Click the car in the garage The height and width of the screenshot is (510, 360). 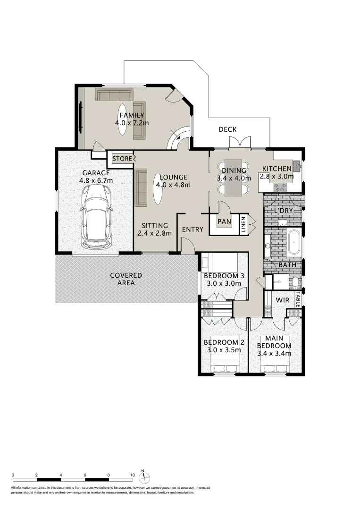click(x=96, y=216)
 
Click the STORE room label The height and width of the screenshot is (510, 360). click(x=122, y=159)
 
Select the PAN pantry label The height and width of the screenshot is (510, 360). click(x=224, y=221)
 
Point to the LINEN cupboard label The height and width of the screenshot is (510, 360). click(x=244, y=224)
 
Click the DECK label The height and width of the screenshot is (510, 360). click(x=227, y=129)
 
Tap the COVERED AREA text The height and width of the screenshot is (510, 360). click(x=126, y=279)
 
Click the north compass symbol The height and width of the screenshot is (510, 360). click(x=146, y=476)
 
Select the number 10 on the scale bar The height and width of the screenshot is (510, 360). click(x=133, y=475)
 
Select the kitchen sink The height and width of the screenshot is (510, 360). click(x=297, y=165)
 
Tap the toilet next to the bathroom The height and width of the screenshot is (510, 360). click(x=295, y=282)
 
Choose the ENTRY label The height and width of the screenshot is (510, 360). click(x=193, y=229)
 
